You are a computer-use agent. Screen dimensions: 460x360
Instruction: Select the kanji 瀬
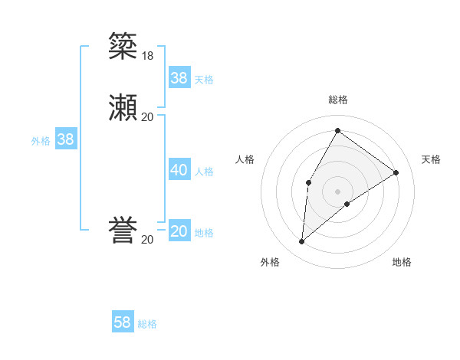[x=124, y=107]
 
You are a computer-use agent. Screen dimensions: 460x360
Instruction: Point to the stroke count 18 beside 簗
[x=147, y=55]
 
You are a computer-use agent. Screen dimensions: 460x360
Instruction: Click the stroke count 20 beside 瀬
[x=147, y=117]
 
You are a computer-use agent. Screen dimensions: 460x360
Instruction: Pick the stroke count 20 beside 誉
[x=147, y=240]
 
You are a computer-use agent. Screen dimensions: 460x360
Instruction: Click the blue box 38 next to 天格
[x=179, y=78]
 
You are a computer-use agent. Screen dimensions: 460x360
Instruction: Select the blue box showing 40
[x=179, y=170]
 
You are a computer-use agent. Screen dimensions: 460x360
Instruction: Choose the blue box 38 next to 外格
[x=65, y=139]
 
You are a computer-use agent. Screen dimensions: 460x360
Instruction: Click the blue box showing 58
[x=123, y=322]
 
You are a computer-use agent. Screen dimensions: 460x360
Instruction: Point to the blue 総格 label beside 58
[x=147, y=324]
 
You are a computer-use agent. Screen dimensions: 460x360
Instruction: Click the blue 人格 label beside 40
[x=205, y=172]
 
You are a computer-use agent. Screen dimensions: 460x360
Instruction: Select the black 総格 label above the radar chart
[x=337, y=100]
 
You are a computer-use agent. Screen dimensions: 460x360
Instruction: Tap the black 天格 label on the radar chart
[x=431, y=159]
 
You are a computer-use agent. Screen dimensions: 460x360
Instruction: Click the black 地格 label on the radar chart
[x=402, y=262]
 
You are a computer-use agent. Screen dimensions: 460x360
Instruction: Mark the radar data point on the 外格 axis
[x=302, y=242]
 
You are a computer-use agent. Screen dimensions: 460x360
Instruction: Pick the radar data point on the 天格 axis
[x=396, y=173]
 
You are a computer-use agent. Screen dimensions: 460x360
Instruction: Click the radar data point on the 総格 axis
[x=337, y=131]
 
